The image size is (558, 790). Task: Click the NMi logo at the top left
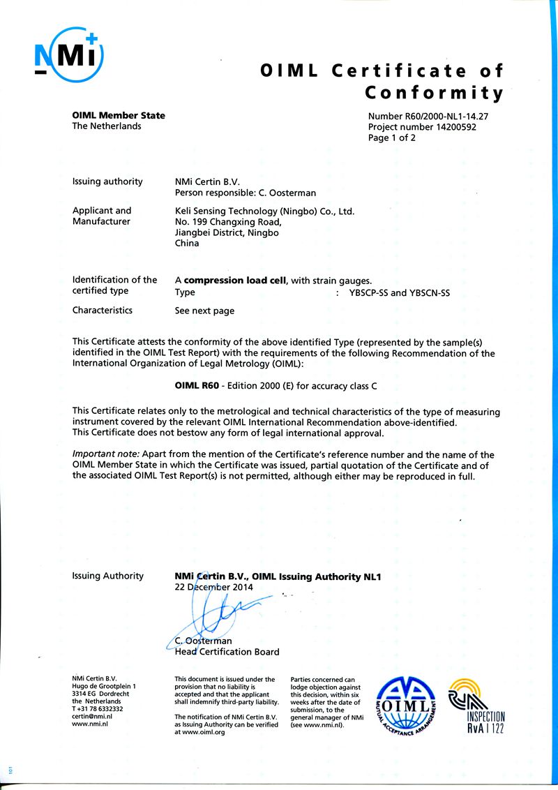68,54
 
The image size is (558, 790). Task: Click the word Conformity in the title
434,93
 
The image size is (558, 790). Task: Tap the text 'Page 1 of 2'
391,138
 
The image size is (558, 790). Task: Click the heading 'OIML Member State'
119,115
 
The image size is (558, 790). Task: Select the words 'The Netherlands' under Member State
107,126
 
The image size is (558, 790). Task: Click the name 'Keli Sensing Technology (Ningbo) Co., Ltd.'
264,211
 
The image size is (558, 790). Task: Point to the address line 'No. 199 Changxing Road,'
228,222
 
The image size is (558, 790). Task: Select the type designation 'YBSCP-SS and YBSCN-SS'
399,293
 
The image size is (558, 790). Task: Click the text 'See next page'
204,311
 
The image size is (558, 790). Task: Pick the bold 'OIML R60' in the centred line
195,385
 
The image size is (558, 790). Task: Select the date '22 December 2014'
213,588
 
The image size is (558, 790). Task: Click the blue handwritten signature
209,614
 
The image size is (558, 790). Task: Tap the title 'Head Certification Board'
227,652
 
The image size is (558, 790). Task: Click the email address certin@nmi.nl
92,716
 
